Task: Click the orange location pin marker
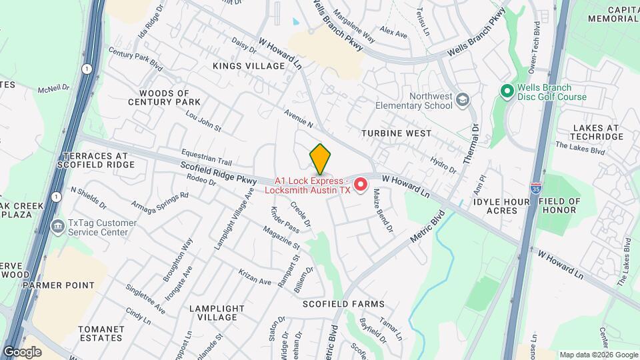(x=320, y=159)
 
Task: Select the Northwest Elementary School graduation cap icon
(x=461, y=100)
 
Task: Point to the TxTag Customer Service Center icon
(x=58, y=227)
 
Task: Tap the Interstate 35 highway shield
(x=535, y=189)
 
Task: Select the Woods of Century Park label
(x=165, y=97)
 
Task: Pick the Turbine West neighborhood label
(x=396, y=133)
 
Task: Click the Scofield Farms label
(x=343, y=304)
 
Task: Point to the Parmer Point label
(x=58, y=285)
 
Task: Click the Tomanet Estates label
(x=101, y=333)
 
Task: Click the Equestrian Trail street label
(x=205, y=157)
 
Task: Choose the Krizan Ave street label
(x=255, y=278)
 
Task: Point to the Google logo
(x=22, y=351)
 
